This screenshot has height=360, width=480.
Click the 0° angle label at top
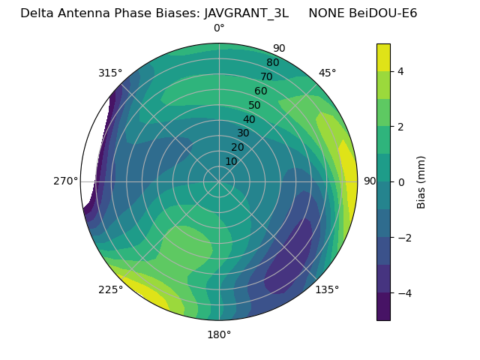(219, 28)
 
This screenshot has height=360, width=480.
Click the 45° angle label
(328, 73)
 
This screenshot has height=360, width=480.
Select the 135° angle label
(327, 289)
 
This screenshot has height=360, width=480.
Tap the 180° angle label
(219, 334)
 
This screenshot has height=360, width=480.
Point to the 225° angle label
(110, 290)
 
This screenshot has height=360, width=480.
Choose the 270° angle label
(66, 181)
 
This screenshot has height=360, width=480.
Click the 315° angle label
(110, 73)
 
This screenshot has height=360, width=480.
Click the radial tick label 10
(231, 161)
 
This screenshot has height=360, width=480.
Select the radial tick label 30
(243, 133)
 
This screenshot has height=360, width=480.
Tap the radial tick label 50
(255, 106)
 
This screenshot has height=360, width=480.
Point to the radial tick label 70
(266, 76)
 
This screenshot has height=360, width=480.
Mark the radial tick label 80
(272, 63)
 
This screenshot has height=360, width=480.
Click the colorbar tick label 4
(401, 71)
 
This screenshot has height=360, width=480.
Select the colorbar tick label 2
(401, 127)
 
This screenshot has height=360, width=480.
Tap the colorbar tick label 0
(401, 182)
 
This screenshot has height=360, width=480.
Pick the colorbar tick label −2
(404, 238)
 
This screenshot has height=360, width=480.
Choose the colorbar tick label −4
(404, 293)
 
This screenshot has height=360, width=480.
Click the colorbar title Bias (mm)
(421, 182)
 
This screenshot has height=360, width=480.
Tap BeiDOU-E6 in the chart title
(379, 13)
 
